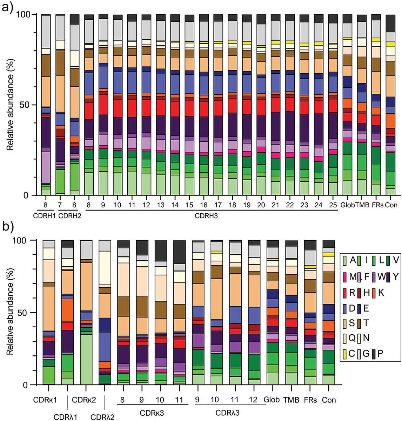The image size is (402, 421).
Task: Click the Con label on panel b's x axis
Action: pos(329,400)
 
